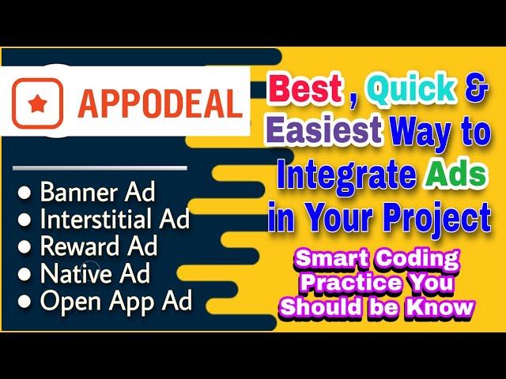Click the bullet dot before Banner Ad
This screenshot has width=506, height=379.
click(25, 192)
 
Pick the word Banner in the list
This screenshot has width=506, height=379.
click(79, 192)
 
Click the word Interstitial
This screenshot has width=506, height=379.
click(101, 219)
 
